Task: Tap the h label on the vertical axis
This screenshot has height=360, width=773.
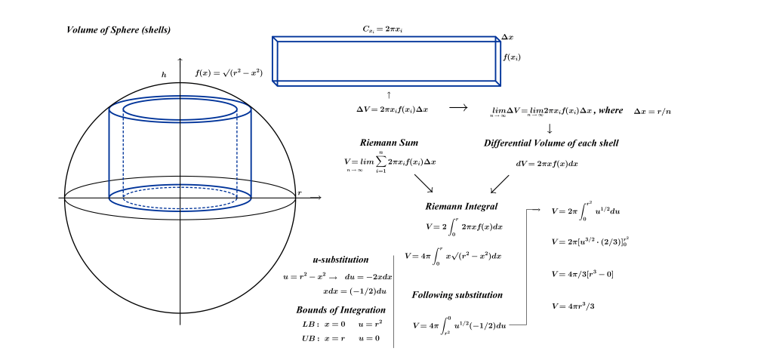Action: [x=164, y=73]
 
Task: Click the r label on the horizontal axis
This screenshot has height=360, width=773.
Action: [x=300, y=193]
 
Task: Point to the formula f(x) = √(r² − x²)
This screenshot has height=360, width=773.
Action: [x=229, y=73]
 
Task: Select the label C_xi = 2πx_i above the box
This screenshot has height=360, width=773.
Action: [x=387, y=29]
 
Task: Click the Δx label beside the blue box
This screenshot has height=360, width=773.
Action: [x=508, y=37]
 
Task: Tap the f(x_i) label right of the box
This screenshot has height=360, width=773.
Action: [x=512, y=57]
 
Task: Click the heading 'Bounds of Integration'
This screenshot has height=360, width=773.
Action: [x=340, y=309]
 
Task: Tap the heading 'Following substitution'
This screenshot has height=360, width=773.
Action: [x=457, y=294]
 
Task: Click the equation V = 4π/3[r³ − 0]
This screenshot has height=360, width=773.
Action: [x=584, y=273]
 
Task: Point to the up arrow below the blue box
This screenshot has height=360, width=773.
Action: [x=389, y=94]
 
